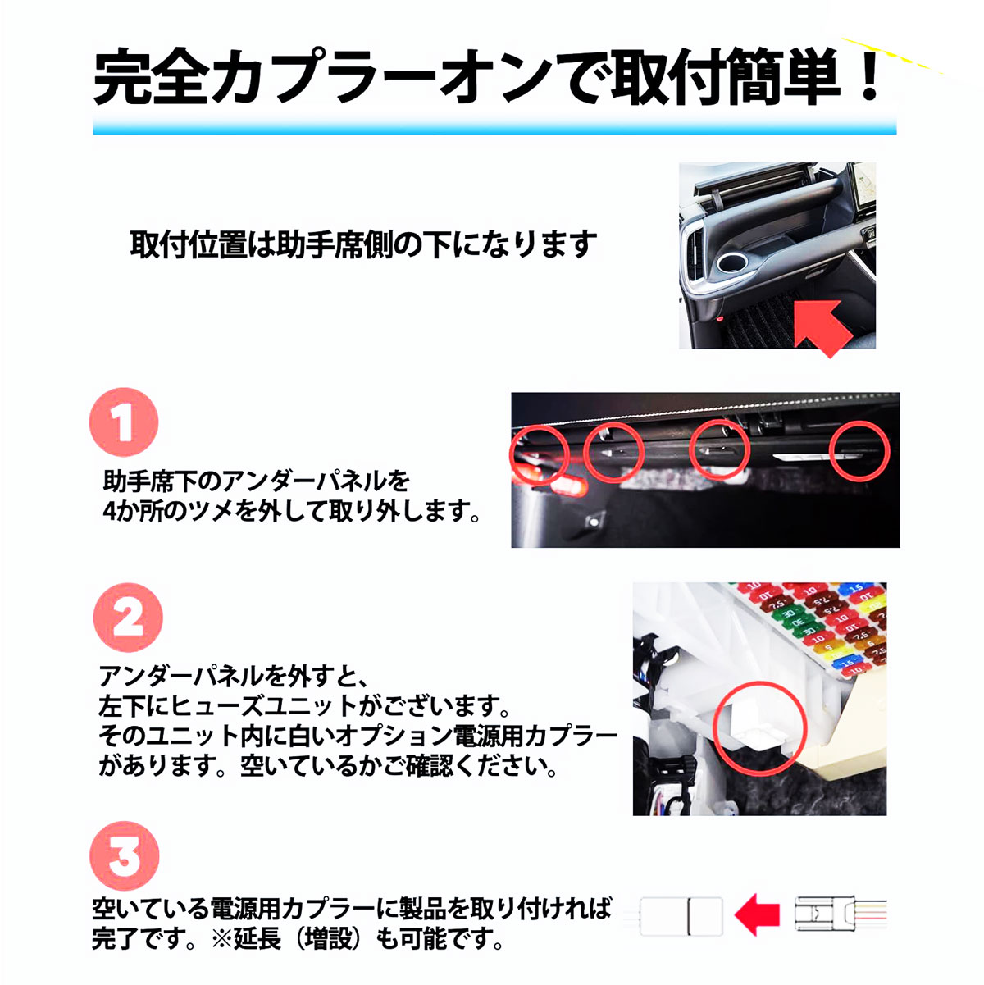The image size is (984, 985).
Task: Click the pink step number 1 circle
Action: click(124, 422)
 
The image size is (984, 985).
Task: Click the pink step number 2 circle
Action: click(128, 618)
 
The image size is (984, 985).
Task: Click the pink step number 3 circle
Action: click(124, 855)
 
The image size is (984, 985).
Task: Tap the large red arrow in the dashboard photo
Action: click(823, 326)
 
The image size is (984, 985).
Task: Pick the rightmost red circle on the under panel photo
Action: click(859, 451)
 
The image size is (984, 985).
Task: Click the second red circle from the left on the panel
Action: click(614, 452)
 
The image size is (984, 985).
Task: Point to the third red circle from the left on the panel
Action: click(719, 449)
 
